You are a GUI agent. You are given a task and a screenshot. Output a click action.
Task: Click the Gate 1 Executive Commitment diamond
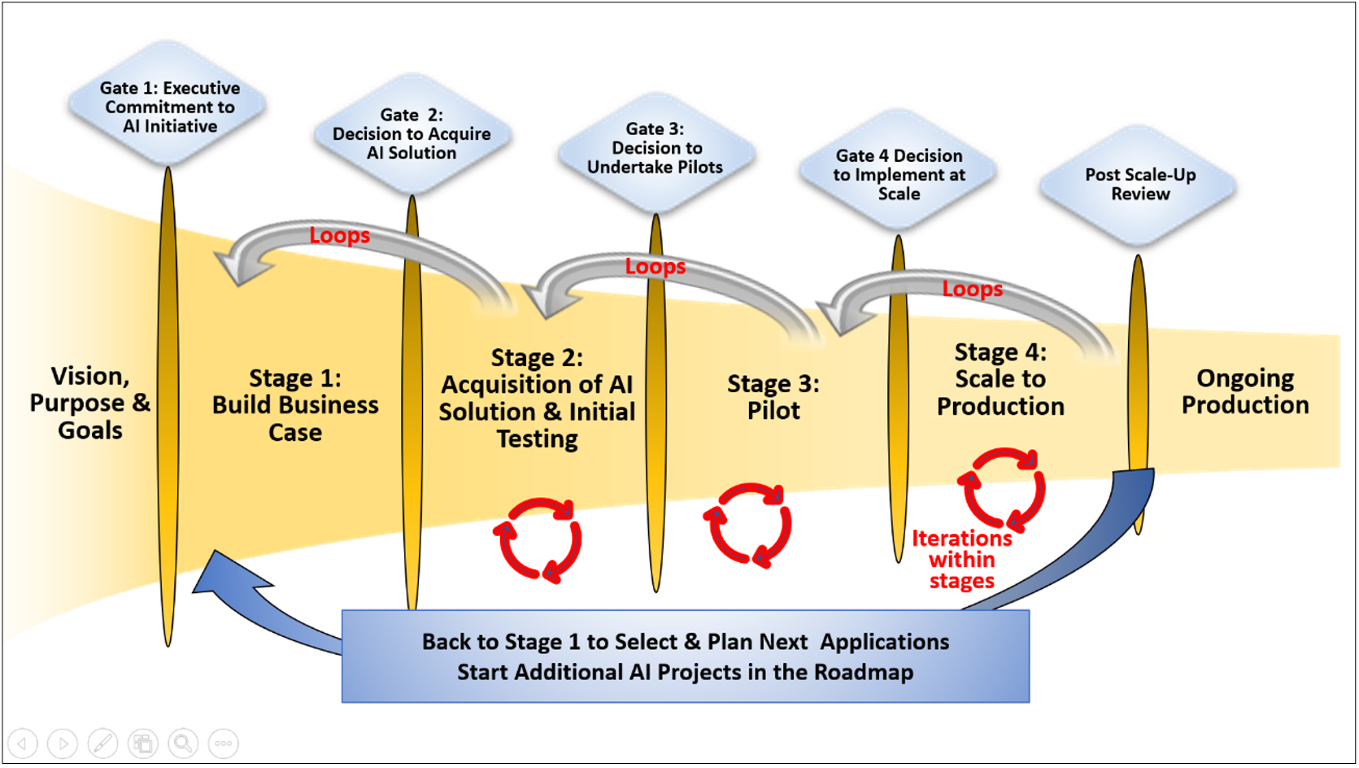(169, 107)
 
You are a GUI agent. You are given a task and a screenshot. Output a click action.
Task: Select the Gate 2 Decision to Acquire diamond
(412, 134)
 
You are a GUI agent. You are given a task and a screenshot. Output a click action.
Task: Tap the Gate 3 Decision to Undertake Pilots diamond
(656, 148)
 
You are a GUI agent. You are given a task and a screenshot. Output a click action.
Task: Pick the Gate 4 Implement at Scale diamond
(899, 174)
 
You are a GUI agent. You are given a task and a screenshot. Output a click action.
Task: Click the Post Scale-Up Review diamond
(1139, 185)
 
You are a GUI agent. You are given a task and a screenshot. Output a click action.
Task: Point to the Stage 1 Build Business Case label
(295, 405)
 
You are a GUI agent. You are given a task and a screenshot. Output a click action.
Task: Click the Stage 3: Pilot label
(773, 397)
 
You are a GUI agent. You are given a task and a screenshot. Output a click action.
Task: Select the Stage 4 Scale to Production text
(1000, 379)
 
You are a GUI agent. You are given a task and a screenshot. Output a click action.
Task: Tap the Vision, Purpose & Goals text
(89, 403)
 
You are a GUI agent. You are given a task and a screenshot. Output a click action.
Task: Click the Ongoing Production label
(1244, 391)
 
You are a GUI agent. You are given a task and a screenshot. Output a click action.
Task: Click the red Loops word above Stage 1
(339, 235)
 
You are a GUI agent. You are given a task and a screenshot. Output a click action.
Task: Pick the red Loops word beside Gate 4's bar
(972, 289)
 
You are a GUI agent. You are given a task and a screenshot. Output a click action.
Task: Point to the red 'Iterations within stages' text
(962, 560)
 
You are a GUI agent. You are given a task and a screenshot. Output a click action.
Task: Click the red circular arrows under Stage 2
(538, 539)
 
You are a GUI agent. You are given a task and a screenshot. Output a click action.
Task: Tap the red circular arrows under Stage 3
(747, 525)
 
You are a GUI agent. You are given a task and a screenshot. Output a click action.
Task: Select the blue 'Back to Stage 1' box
(685, 656)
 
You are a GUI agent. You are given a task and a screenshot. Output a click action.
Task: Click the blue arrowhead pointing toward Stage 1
(224, 576)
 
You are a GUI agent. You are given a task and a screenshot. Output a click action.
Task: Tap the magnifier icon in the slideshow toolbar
(183, 743)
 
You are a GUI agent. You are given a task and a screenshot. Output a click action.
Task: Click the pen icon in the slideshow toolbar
(102, 743)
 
